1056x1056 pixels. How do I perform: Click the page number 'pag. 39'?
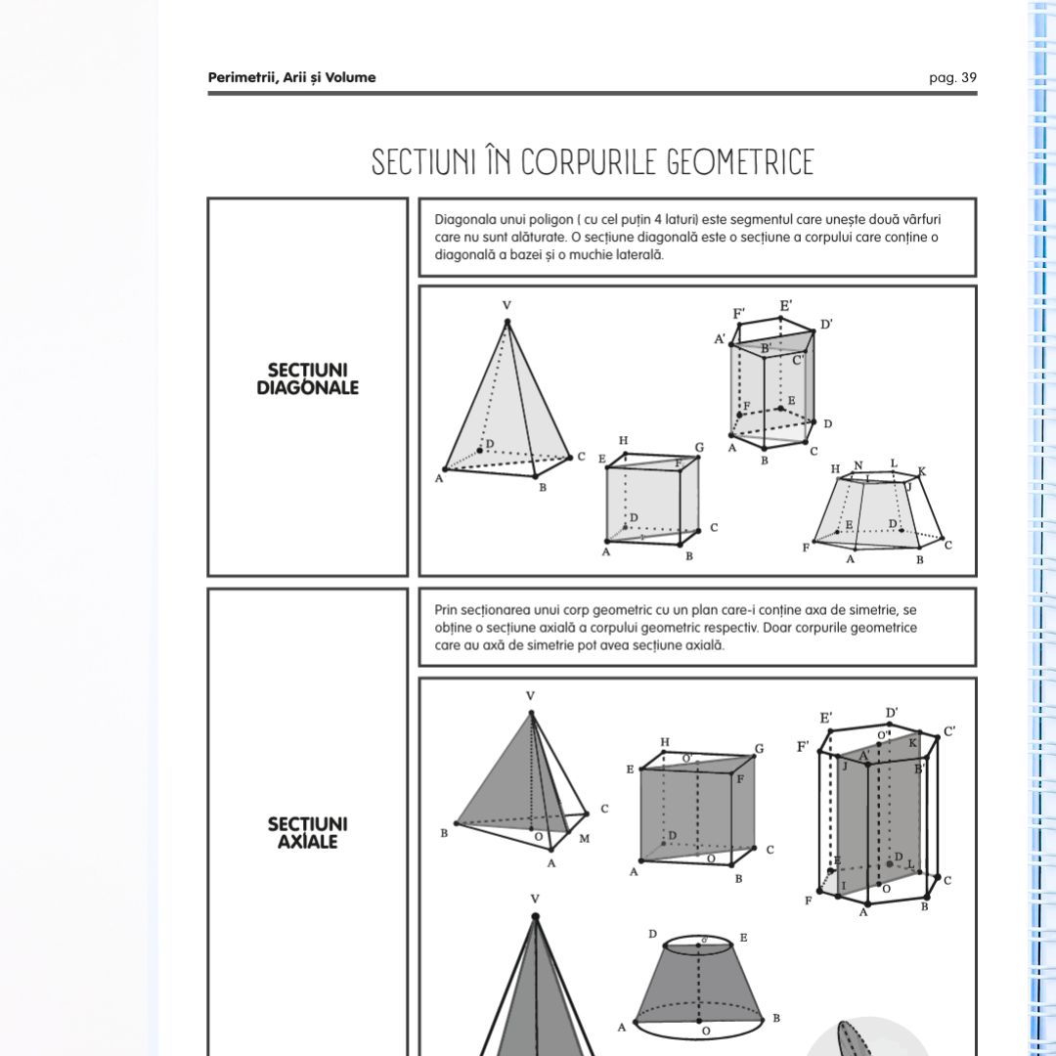952,78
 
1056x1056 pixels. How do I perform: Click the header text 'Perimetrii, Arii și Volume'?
291,78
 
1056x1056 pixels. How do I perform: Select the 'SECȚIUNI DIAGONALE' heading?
307,379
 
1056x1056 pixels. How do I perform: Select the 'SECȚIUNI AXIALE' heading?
307,832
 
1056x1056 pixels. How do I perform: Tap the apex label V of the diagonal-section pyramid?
506,305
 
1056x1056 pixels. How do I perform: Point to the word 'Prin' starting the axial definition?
447,610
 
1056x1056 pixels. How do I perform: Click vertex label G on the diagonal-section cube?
699,448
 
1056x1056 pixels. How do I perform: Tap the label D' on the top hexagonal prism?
826,324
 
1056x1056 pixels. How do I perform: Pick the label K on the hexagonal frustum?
921,471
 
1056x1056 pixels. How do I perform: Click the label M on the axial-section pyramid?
584,839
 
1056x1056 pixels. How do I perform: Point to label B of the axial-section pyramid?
444,833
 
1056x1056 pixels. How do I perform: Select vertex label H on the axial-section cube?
665,742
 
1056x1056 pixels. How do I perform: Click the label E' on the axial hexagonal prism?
826,719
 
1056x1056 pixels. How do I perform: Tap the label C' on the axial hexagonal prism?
949,730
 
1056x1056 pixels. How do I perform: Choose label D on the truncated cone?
652,935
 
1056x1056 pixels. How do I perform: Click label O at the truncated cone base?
705,1031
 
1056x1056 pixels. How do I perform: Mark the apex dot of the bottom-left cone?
535,916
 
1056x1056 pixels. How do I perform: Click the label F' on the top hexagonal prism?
739,314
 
